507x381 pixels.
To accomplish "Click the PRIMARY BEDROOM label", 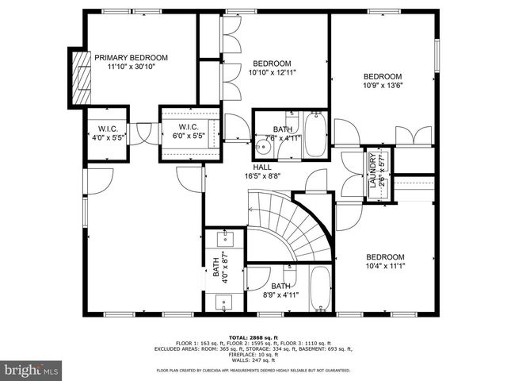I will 131,57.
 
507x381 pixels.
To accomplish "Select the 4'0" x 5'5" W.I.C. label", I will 108,131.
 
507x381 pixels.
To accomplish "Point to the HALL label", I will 262,167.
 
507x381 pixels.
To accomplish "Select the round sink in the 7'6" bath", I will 263,148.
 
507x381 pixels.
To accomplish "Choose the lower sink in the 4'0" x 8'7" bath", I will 222,302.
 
